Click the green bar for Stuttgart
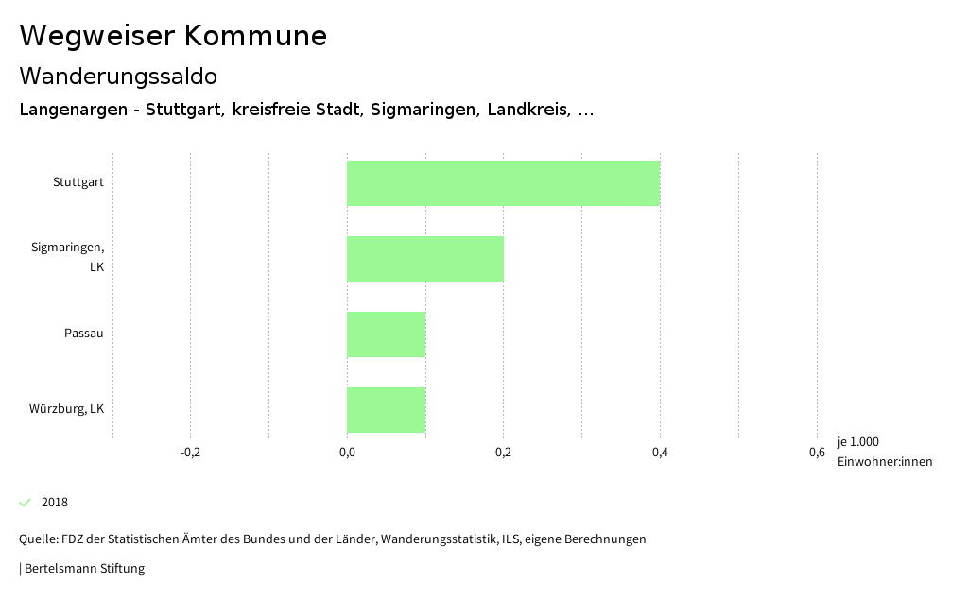pos(503,183)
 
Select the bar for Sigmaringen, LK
pos(424,259)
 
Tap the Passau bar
pos(386,334)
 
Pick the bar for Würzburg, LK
pos(386,410)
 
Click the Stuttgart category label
pos(78,182)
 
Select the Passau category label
pos(84,334)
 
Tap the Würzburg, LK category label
pos(66,409)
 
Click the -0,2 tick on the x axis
pos(190,453)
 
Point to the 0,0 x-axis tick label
pos(347,453)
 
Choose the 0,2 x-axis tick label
pos(503,453)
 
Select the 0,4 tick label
pos(660,453)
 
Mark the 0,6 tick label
pos(816,453)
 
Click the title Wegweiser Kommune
pos(173,36)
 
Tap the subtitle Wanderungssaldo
pos(118,76)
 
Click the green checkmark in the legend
pos(26,502)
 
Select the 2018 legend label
pos(55,503)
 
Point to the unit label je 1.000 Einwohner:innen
pos(884,452)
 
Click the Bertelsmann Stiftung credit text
pos(84,569)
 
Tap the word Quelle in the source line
pos(37,539)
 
